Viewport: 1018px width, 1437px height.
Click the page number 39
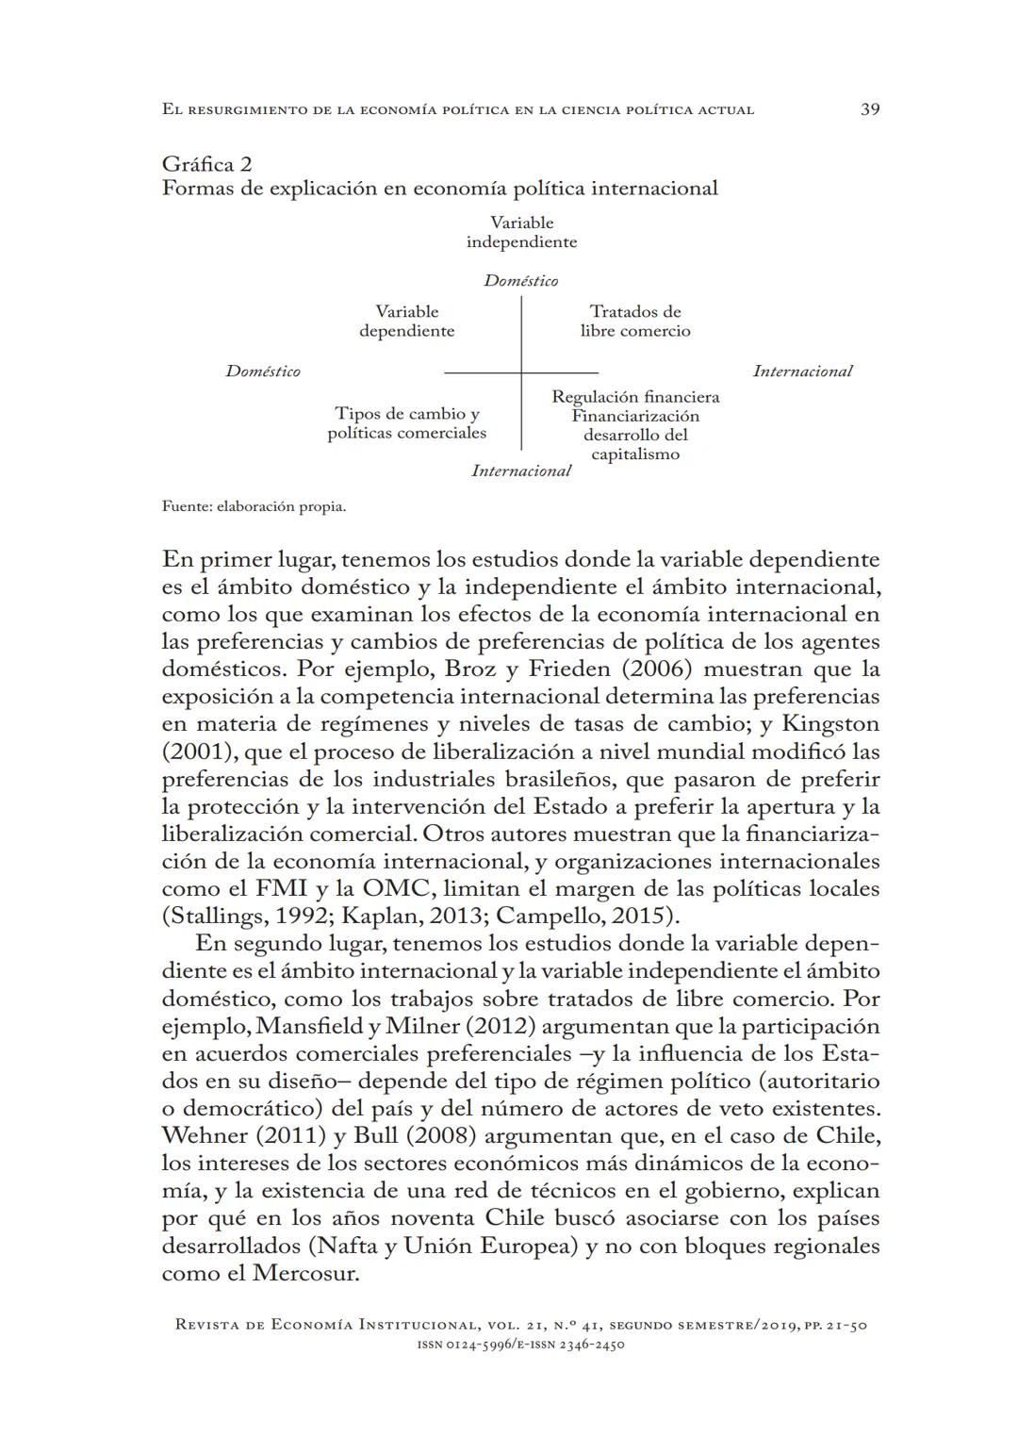(x=870, y=109)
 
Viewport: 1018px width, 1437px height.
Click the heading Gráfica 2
(x=206, y=165)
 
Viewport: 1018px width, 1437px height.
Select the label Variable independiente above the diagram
(x=521, y=232)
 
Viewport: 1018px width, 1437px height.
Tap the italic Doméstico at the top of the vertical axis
(x=520, y=281)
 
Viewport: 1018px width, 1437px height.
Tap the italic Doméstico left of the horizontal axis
(x=263, y=372)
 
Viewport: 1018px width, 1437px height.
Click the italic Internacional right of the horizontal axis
(x=802, y=372)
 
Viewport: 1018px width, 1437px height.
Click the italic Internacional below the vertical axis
(x=521, y=471)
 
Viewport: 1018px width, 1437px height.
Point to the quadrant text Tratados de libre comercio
(x=635, y=322)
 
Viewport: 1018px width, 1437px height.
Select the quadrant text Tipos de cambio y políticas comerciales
(x=407, y=423)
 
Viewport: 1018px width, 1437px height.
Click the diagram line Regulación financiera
(x=635, y=397)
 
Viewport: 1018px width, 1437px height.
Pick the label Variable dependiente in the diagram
(x=407, y=322)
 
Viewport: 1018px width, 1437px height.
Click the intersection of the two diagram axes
(x=521, y=373)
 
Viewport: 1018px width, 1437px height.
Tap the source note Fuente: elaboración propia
(x=254, y=506)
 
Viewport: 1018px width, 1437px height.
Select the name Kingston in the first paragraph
(x=830, y=724)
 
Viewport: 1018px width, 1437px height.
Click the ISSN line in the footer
(x=521, y=1345)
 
